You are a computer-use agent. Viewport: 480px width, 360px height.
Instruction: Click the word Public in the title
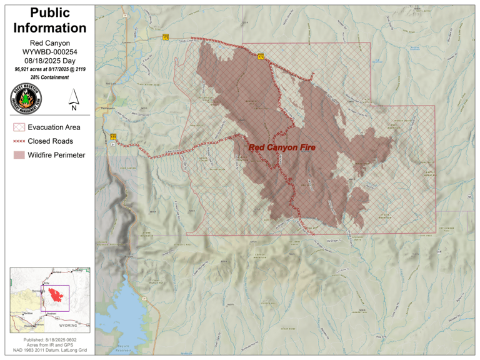[49, 13]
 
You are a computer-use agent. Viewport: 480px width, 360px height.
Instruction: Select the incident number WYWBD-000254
[49, 52]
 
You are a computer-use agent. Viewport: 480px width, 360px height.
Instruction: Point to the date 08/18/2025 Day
[49, 61]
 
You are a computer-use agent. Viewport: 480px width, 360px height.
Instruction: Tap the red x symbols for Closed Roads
[18, 141]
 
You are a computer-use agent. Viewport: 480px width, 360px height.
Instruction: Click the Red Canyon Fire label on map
[282, 147]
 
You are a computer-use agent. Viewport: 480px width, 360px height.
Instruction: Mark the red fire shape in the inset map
[55, 294]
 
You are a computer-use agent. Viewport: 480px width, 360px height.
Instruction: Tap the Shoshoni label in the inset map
[51, 314]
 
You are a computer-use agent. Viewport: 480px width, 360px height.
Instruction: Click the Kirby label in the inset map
[46, 283]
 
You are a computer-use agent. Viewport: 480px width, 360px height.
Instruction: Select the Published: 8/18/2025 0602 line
[49, 339]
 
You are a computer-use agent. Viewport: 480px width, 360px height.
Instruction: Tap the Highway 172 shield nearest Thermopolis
[113, 136]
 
